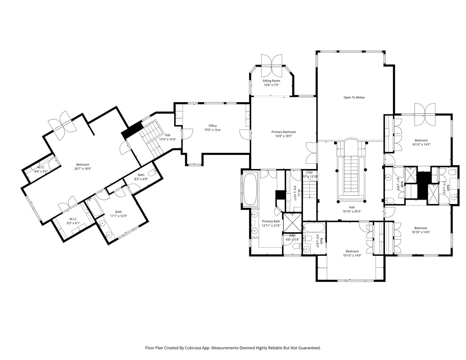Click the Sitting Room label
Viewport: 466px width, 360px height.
coord(271,81)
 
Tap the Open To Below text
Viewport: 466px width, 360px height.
coord(354,98)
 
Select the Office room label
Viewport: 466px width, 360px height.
coord(212,126)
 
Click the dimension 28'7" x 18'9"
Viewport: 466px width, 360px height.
coord(82,169)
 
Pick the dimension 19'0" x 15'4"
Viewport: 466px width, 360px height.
coord(212,130)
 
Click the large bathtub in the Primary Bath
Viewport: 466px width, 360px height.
coord(251,189)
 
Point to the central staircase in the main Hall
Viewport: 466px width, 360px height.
coord(351,173)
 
